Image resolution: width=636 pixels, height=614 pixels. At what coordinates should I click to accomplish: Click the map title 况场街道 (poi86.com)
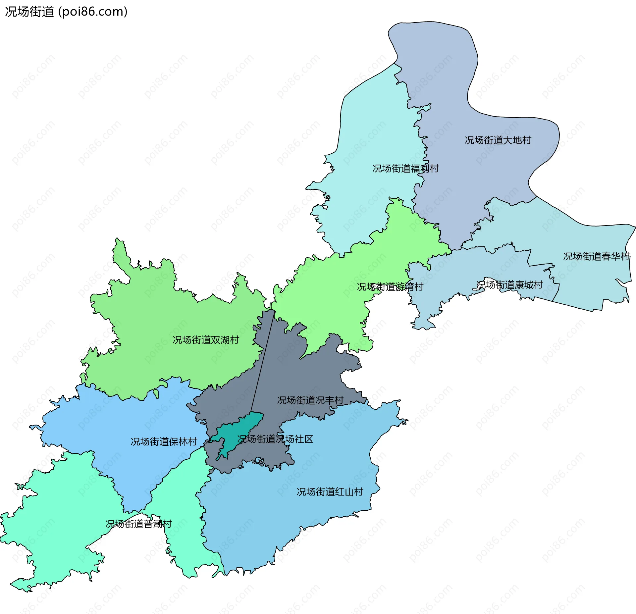point(66,12)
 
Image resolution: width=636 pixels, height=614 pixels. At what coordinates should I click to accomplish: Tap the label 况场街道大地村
point(498,140)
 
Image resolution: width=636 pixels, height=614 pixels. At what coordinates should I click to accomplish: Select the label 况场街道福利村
point(405,169)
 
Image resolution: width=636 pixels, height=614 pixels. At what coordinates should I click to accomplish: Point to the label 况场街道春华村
point(596,257)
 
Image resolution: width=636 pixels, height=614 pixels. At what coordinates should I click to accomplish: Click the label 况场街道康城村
point(509,285)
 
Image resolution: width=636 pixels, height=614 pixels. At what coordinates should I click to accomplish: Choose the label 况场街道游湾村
point(390,287)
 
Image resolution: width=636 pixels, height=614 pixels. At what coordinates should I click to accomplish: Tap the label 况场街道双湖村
point(206,340)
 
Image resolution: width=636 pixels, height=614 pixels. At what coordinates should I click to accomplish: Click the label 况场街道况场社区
point(275,439)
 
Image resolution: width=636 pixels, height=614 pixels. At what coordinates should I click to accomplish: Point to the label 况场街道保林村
point(164,442)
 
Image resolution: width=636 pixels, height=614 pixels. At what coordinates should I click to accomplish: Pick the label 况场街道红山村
point(330,492)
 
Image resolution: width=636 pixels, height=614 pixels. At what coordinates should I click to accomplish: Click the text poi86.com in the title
point(93,12)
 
